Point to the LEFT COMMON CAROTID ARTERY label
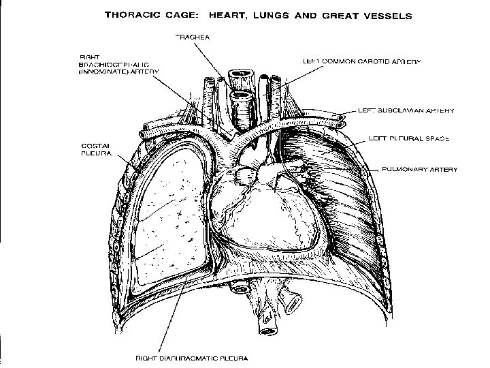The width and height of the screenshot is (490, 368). pos(361,61)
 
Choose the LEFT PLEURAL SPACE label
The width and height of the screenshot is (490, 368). pos(408,138)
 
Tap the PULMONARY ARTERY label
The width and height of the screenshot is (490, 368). pos(420,168)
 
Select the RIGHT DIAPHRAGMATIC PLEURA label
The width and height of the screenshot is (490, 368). pos(192,357)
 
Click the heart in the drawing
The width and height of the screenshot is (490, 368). pos(265,211)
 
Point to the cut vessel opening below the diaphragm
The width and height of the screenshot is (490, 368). pos(265,331)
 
